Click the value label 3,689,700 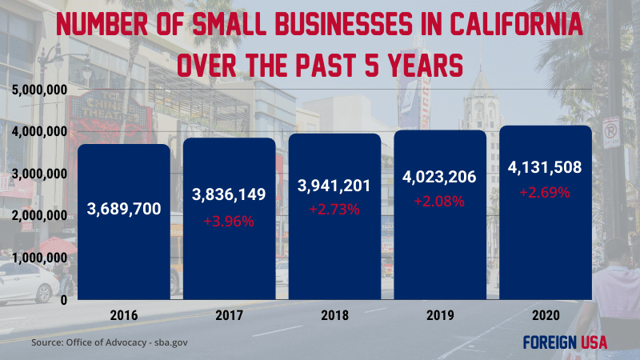tap(124, 210)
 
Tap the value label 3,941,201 tap(334, 186)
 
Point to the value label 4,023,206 tap(438, 178)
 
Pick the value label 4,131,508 tap(544, 168)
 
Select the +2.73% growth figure tap(334, 210)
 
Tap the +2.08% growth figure tap(438, 201)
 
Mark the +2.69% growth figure tap(544, 192)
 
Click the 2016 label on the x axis tap(124, 315)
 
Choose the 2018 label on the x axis tap(334, 315)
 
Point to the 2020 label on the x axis tap(544, 315)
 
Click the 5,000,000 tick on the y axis tap(38, 89)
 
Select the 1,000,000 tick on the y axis tap(38, 258)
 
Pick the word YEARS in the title tap(423, 66)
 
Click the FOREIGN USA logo tap(565, 342)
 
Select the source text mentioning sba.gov tap(110, 342)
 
